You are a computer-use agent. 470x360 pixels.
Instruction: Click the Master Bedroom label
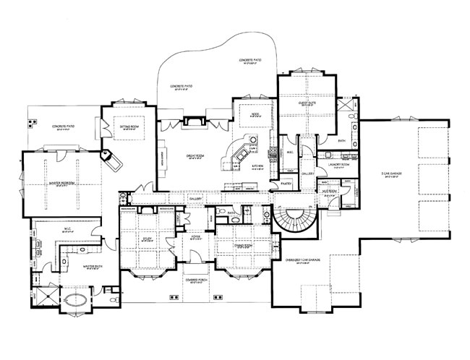[x=62, y=184]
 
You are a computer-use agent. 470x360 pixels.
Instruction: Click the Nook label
[x=255, y=114]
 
